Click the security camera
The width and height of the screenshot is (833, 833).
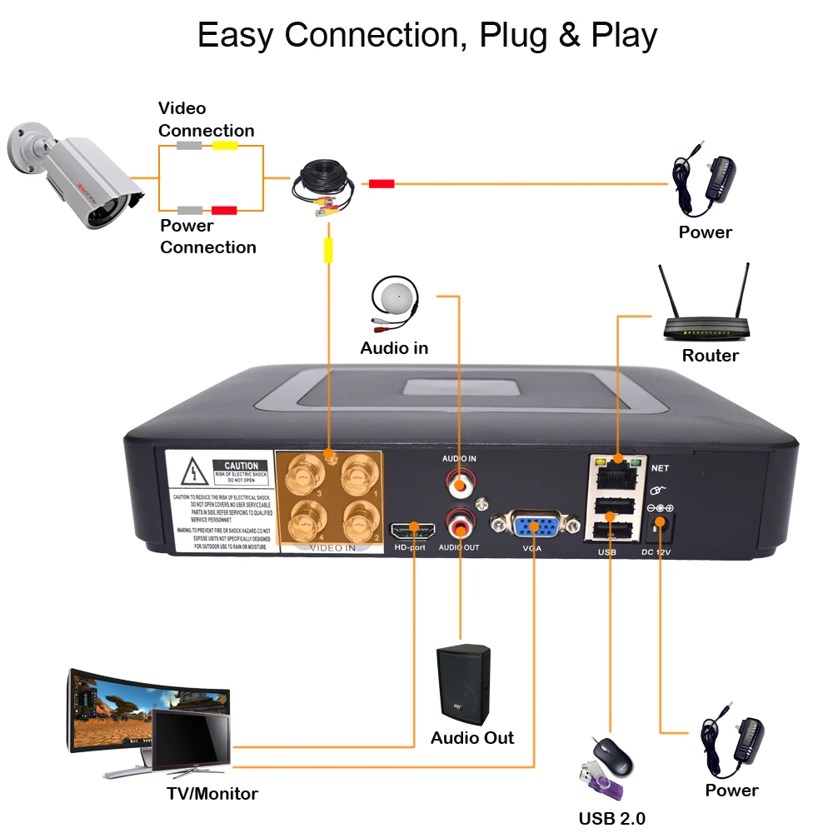click(x=75, y=175)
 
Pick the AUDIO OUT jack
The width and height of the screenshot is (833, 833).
click(x=458, y=524)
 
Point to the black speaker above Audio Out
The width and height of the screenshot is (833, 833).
click(x=463, y=684)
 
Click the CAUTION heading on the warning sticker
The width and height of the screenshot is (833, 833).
click(x=241, y=466)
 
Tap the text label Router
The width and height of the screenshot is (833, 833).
click(x=710, y=356)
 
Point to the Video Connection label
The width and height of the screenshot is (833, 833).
click(x=206, y=119)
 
